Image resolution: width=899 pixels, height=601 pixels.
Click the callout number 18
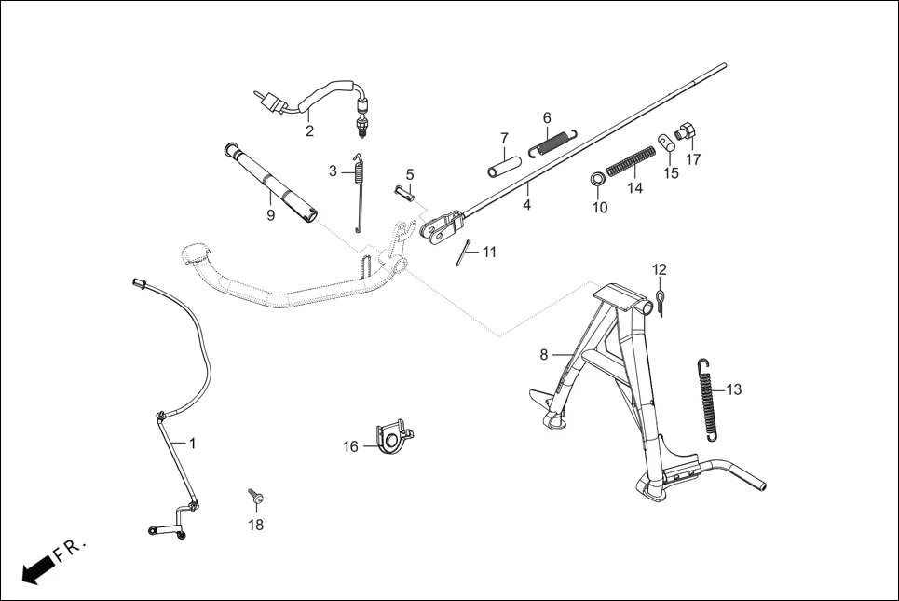click(255, 525)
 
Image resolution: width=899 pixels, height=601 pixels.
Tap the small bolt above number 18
click(252, 499)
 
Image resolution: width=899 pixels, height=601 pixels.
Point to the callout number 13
click(734, 389)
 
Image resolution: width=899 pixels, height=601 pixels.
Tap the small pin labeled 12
click(660, 299)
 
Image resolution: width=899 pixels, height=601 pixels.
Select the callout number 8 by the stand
click(545, 354)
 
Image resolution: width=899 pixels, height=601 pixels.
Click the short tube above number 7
click(503, 164)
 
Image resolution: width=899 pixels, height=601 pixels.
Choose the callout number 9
click(270, 215)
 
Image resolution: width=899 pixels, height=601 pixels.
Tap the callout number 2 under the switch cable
click(309, 130)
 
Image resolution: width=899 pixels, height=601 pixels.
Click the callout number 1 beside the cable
click(193, 443)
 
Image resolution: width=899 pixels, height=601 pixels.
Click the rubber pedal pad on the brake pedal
click(195, 253)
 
